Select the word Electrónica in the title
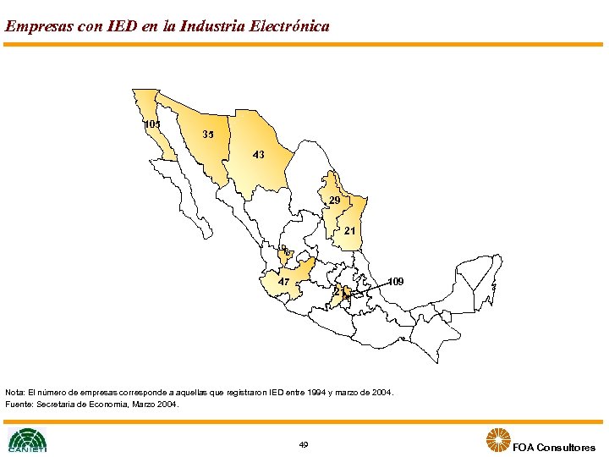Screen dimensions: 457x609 click(289, 26)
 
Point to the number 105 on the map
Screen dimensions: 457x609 click(152, 124)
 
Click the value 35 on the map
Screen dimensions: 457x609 click(209, 135)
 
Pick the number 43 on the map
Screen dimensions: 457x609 click(259, 155)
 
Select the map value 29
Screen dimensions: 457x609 click(335, 201)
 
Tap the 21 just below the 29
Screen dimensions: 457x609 click(349, 230)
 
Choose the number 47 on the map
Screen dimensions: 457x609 click(284, 282)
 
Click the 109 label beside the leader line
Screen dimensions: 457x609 click(396, 281)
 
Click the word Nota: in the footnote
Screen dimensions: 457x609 click(15, 393)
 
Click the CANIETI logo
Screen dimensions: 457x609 click(27, 440)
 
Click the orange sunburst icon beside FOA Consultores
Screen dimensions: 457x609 click(497, 440)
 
